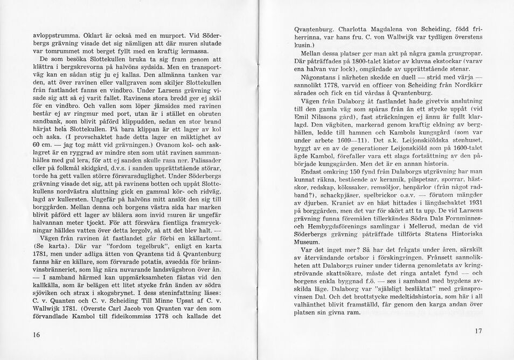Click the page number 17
[478, 330]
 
